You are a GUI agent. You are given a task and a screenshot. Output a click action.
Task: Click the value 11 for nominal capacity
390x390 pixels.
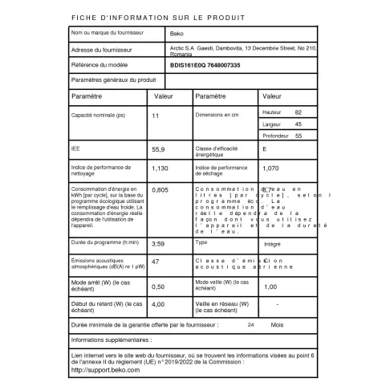coord(156,116)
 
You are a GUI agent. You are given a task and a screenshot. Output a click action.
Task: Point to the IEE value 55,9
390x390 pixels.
coord(158,149)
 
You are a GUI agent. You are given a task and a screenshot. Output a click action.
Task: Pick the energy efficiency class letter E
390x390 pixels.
coord(265,149)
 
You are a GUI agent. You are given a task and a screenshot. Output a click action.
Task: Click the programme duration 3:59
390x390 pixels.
coord(158,242)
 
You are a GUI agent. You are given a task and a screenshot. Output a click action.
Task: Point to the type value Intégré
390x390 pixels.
coord(272,242)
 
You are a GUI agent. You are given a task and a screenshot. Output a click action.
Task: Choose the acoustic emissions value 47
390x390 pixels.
coord(156,262)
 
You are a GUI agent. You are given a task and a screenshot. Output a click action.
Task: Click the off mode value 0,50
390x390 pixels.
coord(158,286)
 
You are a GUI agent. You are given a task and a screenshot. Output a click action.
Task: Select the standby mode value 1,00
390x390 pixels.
coord(270,286)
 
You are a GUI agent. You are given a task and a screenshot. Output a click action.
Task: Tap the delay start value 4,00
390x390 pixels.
coord(158,305)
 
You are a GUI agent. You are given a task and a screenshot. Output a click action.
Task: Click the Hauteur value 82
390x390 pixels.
coord(299,112)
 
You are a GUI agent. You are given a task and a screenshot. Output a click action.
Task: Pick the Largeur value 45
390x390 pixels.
coord(299,124)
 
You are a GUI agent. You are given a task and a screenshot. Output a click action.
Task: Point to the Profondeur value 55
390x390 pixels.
coord(299,137)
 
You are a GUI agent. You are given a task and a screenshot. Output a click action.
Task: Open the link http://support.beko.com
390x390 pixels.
coord(106,369)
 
